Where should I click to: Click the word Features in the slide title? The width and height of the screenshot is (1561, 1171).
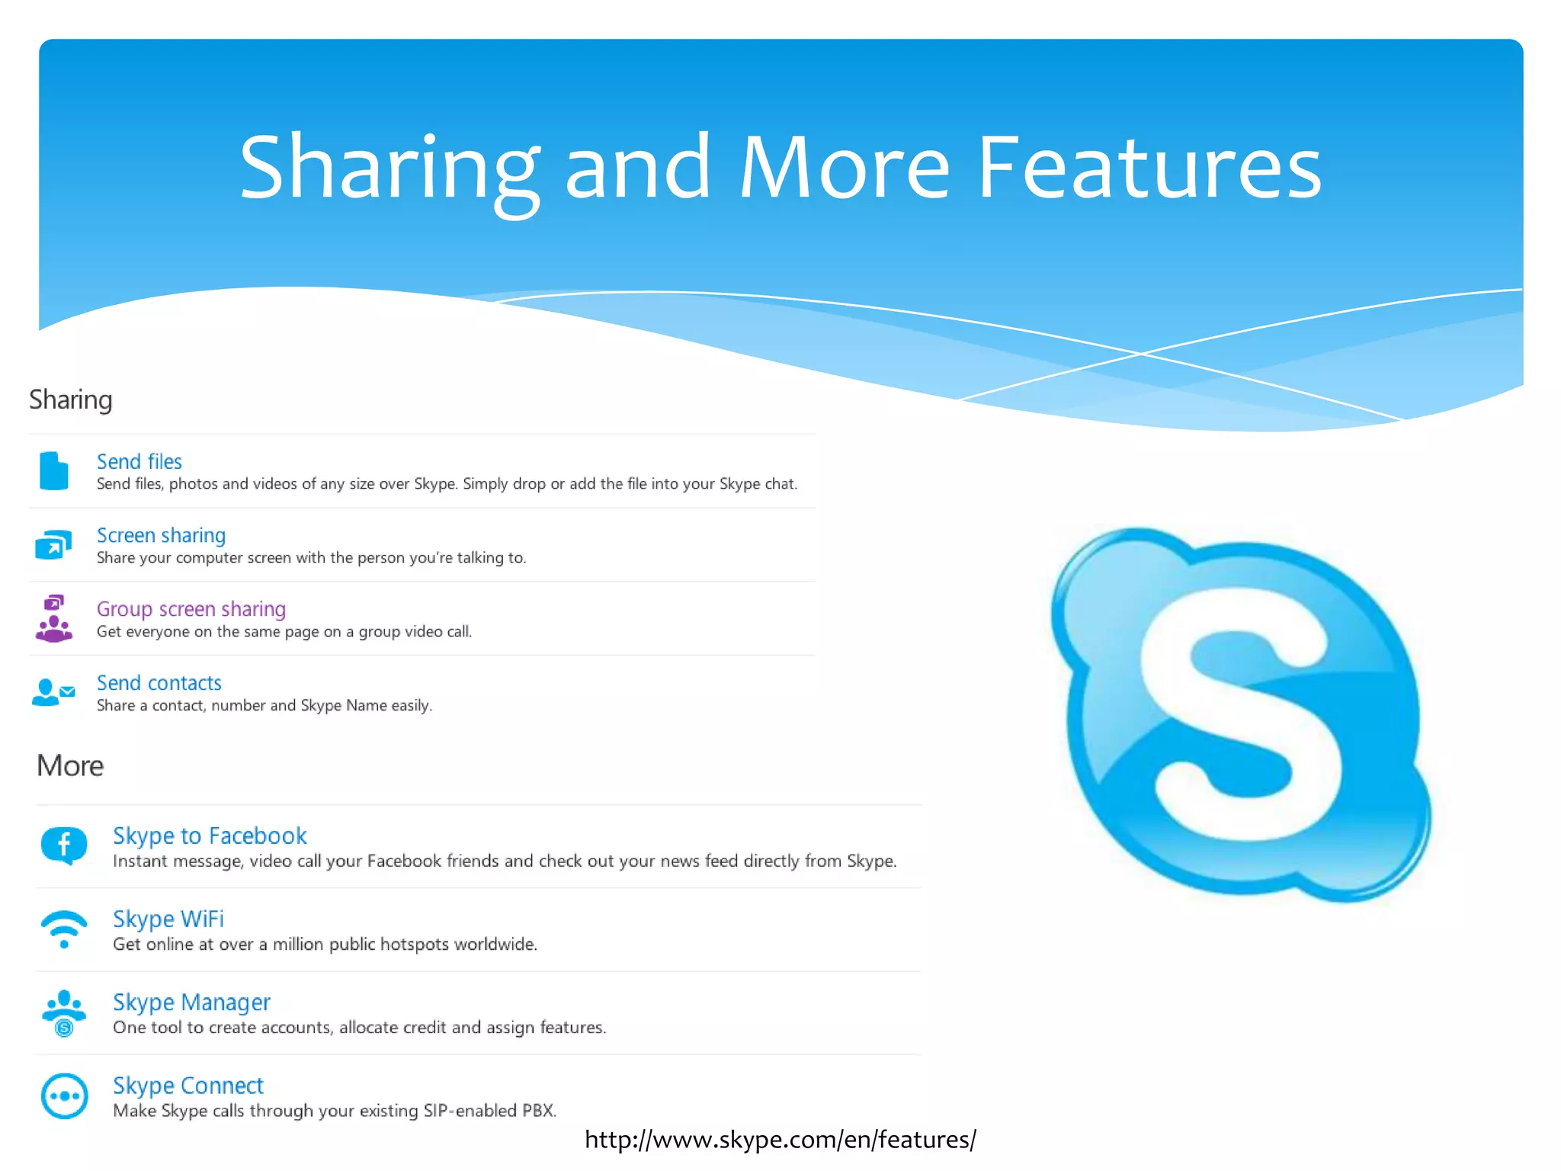pos(1149,168)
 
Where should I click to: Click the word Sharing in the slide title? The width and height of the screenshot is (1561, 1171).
pos(389,168)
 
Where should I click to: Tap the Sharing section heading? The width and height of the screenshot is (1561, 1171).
pos(71,399)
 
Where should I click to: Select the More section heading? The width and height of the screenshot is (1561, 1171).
pos(70,765)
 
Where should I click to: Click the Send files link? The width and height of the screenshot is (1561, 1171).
pos(139,461)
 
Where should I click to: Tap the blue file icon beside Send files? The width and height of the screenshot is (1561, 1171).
pos(53,470)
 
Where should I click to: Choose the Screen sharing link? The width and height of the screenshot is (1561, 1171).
pos(161,535)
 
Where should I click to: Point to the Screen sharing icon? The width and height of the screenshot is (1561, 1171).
pos(53,544)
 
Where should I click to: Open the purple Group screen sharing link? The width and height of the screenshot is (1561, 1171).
pos(191,609)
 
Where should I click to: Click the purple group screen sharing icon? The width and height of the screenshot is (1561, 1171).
pos(53,618)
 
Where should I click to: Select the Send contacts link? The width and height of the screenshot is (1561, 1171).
pos(159,683)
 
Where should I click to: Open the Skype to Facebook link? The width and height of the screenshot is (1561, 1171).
pos(210,836)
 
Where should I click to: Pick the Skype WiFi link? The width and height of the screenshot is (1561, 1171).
pos(168,919)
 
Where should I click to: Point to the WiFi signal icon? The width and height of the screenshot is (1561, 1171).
pos(64,928)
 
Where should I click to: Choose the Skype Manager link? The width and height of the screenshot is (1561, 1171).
pos(191,1002)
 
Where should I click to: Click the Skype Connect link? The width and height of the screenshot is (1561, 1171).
pos(188,1085)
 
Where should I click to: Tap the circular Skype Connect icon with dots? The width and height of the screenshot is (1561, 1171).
pos(64,1096)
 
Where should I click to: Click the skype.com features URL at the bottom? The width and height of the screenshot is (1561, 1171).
pos(780,1139)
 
